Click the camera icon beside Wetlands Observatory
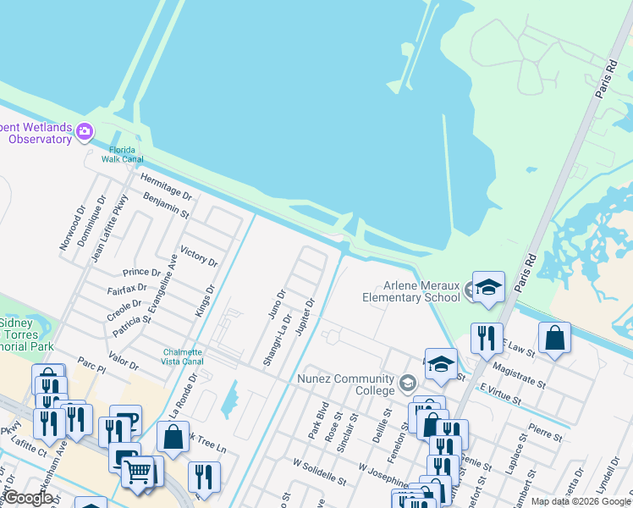[85, 131]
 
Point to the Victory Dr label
[199, 257]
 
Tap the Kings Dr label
[205, 301]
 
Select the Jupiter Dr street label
[305, 316]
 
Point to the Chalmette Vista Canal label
[183, 356]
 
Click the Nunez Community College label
[344, 384]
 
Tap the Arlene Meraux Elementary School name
[410, 291]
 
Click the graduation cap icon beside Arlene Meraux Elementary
[488, 288]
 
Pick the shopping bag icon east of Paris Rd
[554, 338]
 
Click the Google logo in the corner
[27, 497]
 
